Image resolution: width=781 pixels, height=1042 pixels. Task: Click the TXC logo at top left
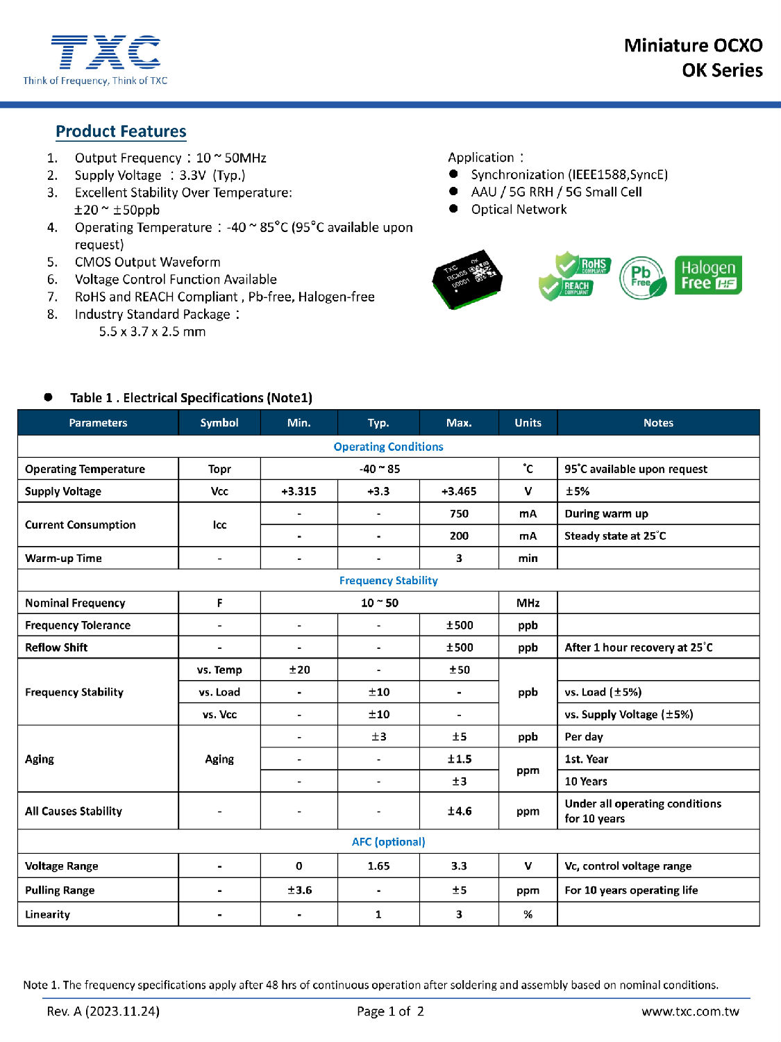(x=106, y=54)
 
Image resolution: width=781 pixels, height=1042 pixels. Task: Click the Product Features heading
(x=121, y=131)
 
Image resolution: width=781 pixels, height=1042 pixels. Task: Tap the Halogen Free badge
(x=707, y=275)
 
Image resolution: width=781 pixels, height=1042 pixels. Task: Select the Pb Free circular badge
(x=641, y=277)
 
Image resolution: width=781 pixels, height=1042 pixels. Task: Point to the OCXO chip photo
(x=467, y=279)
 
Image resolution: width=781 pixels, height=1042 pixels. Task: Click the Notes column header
(x=657, y=422)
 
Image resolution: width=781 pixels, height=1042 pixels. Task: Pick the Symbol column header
(x=219, y=422)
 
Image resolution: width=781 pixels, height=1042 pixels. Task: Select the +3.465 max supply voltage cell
(x=458, y=491)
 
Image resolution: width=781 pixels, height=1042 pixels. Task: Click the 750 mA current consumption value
(x=458, y=513)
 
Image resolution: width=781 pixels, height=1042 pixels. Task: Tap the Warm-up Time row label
(x=64, y=558)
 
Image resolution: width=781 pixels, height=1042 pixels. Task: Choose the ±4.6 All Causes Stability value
(x=458, y=811)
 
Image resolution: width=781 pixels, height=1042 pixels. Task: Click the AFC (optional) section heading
(x=388, y=841)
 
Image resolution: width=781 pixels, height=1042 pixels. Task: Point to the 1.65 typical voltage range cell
(x=378, y=866)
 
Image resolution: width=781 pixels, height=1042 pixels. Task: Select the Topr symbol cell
(x=219, y=469)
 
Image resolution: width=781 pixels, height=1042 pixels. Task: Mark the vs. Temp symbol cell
(x=219, y=670)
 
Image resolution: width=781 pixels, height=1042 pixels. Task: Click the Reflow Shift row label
(x=57, y=647)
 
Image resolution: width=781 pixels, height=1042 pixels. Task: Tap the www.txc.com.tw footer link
(x=690, y=1011)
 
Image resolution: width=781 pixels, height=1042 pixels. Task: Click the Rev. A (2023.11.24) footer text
(x=103, y=1011)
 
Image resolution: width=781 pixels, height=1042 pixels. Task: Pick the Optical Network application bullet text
(x=519, y=210)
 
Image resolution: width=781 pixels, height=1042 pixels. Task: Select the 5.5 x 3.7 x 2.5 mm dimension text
(x=152, y=331)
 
